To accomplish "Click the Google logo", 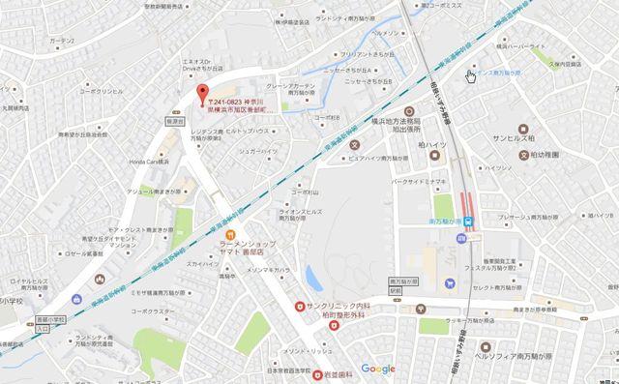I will (x=377, y=369).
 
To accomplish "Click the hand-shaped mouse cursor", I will (x=470, y=75).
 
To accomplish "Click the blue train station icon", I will (x=468, y=222).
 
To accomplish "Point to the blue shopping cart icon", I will (x=449, y=283).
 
